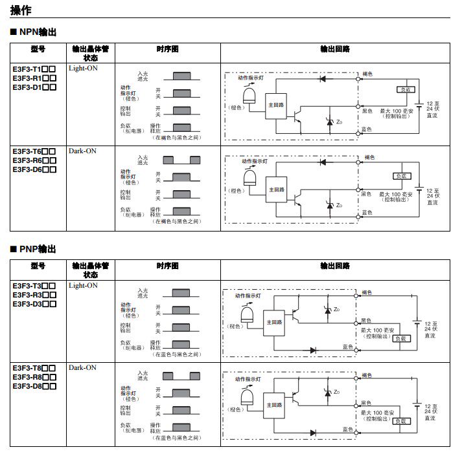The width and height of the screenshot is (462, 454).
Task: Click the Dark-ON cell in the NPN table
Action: click(x=82, y=151)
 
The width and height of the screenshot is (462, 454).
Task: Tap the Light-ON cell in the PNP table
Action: click(x=83, y=285)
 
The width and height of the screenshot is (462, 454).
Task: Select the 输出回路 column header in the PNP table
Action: click(x=334, y=266)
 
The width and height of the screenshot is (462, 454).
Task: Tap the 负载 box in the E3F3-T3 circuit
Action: click(x=402, y=338)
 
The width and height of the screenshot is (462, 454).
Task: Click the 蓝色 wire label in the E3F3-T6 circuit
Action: click(x=367, y=213)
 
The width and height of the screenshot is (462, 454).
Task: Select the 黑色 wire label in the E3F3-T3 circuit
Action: click(x=367, y=320)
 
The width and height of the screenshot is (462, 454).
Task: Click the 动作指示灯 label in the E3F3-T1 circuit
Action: click(x=252, y=78)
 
